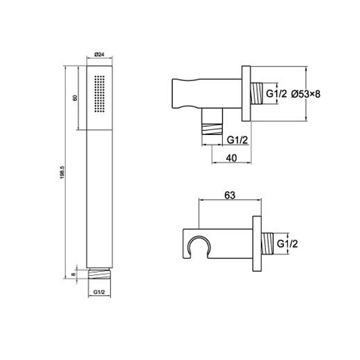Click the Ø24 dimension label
click(x=99, y=55)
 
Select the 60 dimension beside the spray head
click(x=74, y=98)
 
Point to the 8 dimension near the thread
click(x=73, y=274)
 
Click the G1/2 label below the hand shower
click(x=99, y=292)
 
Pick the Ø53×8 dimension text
click(x=306, y=94)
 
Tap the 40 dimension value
click(x=231, y=158)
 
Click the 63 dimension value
click(x=230, y=195)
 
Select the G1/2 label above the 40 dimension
click(x=238, y=140)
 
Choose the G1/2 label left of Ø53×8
click(x=277, y=94)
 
